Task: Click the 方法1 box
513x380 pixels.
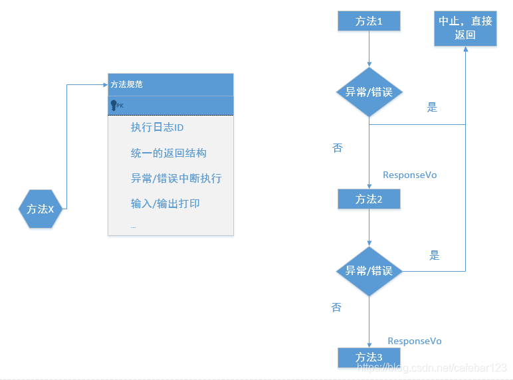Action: pos(369,21)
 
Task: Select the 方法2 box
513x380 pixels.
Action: pos(369,199)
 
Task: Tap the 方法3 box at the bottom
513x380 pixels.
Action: pos(369,357)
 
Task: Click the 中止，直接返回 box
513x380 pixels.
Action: pos(465,28)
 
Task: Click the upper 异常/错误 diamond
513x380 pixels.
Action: pos(369,92)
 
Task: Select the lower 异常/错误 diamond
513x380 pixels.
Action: pos(369,271)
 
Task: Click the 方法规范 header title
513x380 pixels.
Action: pos(126,84)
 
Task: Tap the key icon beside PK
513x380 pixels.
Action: pos(114,105)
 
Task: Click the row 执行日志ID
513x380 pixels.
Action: pos(157,128)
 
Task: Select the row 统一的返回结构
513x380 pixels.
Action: pos(169,153)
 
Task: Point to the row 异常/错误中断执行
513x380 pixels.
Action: pos(176,178)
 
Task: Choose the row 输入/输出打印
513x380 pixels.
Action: pos(165,203)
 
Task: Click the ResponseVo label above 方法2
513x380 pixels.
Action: pos(410,175)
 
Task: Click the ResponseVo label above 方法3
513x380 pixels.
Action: pos(415,341)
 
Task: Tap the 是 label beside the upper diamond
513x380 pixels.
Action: pos(432,108)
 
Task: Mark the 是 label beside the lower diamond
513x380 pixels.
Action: pos(435,255)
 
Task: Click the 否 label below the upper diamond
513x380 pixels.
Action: pos(338,148)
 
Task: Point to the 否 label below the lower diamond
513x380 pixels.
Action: pos(337,308)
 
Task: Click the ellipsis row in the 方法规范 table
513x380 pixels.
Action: pos(133,226)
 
